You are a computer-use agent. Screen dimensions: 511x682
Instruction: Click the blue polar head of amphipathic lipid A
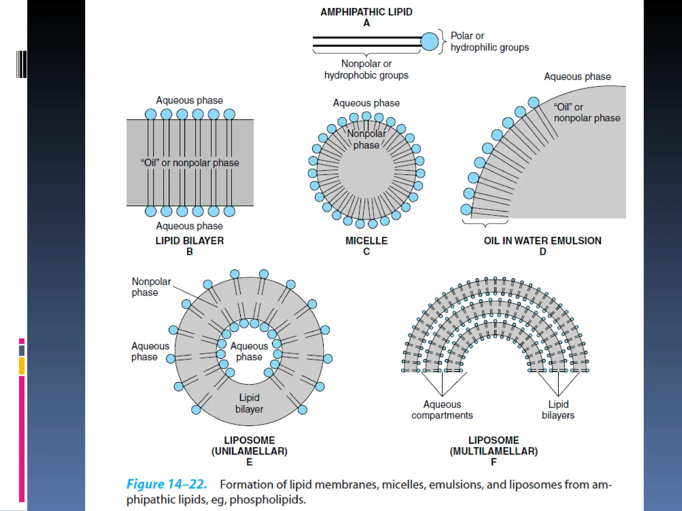pos(430,42)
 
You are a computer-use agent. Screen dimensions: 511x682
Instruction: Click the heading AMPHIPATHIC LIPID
pos(366,12)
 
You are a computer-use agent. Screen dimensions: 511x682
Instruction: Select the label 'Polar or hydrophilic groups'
pos(490,42)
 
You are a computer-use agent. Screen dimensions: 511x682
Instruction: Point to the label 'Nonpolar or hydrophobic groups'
pos(366,69)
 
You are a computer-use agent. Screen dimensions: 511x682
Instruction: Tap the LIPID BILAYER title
pos(189,241)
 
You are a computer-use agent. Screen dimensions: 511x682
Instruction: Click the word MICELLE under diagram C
pos(366,241)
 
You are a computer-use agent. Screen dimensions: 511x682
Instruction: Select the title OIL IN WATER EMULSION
pos(542,241)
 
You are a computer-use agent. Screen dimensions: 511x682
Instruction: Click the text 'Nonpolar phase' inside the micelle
pos(366,139)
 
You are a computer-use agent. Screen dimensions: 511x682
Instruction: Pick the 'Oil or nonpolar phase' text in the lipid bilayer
pos(190,163)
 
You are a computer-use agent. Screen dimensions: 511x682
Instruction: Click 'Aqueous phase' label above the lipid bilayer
pos(189,100)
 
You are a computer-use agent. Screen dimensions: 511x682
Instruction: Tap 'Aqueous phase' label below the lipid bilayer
pos(189,226)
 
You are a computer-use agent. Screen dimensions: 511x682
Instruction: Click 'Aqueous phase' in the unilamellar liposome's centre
pos(249,351)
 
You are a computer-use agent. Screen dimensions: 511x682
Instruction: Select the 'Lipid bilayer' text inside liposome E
pos(249,403)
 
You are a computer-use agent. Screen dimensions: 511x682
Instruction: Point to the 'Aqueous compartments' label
pos(442,410)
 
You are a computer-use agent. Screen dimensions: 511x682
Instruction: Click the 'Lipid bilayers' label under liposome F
pos(558,410)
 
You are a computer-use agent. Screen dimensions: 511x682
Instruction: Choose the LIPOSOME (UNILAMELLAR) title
pos(249,446)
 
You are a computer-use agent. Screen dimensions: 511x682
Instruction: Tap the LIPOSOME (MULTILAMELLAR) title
pos(494,446)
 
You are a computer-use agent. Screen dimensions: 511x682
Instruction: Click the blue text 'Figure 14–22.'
pos(167,484)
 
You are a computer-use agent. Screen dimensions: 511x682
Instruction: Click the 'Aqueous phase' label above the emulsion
pos(577,77)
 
